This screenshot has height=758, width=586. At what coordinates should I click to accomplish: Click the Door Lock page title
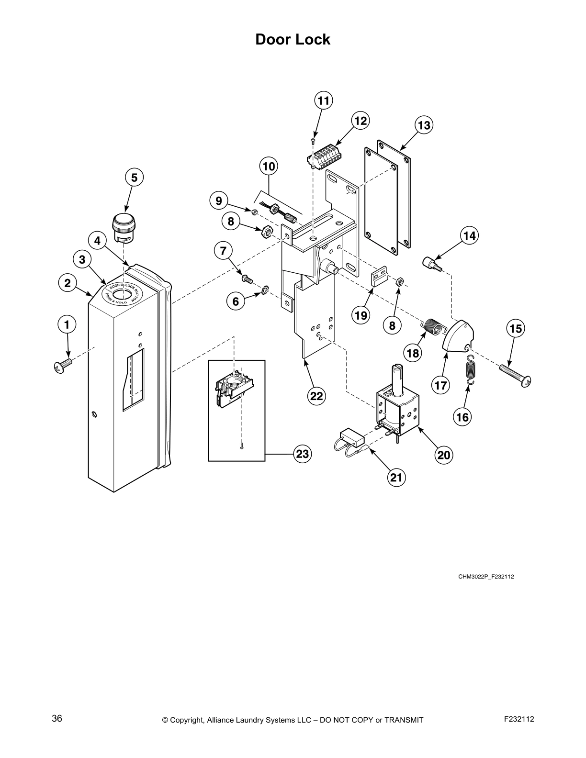(293, 39)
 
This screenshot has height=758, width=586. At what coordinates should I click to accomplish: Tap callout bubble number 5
(134, 178)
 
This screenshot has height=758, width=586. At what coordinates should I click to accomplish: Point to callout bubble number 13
(423, 126)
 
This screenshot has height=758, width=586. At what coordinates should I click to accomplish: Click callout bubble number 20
(444, 455)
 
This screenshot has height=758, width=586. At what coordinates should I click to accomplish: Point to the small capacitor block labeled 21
(351, 436)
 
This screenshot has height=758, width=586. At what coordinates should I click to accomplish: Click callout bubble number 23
(303, 453)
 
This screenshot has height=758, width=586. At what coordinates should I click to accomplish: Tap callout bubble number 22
(316, 396)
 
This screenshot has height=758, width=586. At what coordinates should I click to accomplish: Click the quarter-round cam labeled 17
(458, 339)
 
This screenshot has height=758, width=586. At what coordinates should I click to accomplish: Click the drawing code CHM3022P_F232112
(486, 577)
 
